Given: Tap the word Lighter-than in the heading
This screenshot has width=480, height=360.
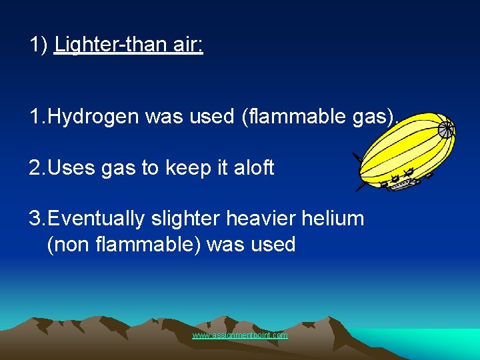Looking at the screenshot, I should coord(111,46).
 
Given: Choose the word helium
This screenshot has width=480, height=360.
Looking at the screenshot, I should coord(333,218).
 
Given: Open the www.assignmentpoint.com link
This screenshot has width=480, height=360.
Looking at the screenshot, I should coord(240,335).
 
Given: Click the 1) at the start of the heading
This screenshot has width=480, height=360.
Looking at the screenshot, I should coord(38,46).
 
